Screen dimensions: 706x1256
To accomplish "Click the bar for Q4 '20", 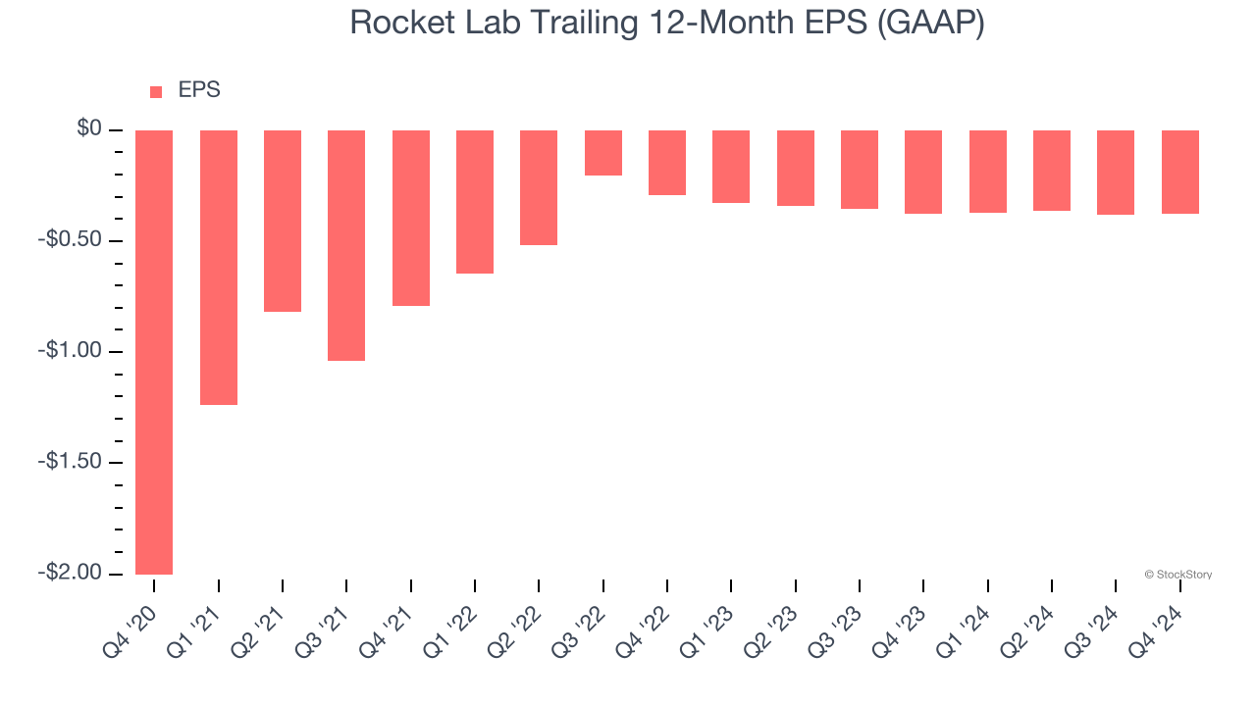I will (x=154, y=352).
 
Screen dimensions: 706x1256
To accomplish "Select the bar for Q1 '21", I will (x=218, y=268).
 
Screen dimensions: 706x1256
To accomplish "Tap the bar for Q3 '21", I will (x=346, y=245).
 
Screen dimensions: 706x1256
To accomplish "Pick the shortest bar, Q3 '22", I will (x=602, y=153).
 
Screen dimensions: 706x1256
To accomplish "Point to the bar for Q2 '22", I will (x=539, y=187).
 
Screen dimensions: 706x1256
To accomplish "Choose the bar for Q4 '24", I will (x=1179, y=172).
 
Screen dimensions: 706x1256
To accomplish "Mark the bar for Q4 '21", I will (x=410, y=218).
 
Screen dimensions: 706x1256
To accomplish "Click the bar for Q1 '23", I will (x=731, y=167).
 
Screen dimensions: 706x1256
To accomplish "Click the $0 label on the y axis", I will (x=89, y=128).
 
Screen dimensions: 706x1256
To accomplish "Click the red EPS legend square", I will (x=156, y=92).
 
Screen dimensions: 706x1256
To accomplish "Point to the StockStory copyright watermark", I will (x=1177, y=575).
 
